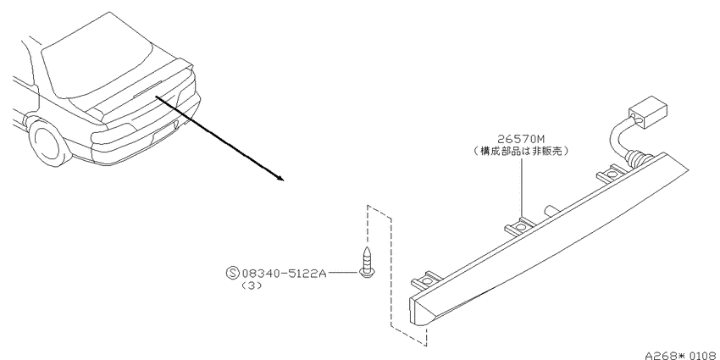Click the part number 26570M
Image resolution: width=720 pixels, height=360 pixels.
pyautogui.click(x=521, y=138)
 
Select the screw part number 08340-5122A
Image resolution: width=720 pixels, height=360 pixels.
pyautogui.click(x=284, y=274)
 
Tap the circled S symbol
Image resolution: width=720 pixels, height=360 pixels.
pyautogui.click(x=233, y=274)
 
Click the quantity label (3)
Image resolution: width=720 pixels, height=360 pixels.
pyautogui.click(x=252, y=285)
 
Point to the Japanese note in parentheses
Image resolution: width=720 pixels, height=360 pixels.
pyautogui.click(x=521, y=151)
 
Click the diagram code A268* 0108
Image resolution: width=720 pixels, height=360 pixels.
pyautogui.click(x=682, y=356)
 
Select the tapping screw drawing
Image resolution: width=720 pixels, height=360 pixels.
pyautogui.click(x=367, y=263)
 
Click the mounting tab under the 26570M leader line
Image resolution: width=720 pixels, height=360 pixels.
pyautogui.click(x=521, y=225)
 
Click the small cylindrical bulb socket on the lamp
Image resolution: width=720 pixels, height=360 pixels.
pyautogui.click(x=551, y=211)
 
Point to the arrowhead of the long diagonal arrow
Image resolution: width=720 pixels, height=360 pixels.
pyautogui.click(x=280, y=178)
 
